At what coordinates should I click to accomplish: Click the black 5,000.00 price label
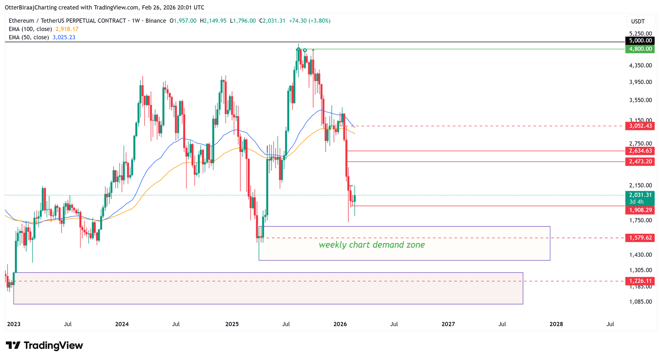[x=640, y=41]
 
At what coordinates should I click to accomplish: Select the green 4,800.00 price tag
[x=640, y=49]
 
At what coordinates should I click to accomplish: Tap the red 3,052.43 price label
[x=640, y=126]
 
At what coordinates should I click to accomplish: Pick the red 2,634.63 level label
[x=640, y=151]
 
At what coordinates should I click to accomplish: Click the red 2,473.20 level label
[x=640, y=161]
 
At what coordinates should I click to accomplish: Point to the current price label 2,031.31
[x=640, y=195]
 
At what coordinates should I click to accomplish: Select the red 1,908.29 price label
[x=640, y=210]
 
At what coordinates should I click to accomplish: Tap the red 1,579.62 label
[x=640, y=238]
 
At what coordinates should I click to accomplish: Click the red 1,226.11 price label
[x=640, y=281]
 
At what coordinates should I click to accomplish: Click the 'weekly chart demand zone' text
[x=372, y=245]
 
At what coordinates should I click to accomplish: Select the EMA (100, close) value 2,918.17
[x=67, y=29]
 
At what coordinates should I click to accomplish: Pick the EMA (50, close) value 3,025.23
[x=64, y=37]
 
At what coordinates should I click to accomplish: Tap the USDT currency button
[x=638, y=22]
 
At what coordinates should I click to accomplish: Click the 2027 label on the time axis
[x=448, y=324]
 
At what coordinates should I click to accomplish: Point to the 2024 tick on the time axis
[x=122, y=324]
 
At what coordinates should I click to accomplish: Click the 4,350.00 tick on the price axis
[x=640, y=65]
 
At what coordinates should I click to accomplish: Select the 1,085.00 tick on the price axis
[x=640, y=302]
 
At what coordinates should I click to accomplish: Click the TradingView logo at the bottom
[x=44, y=346]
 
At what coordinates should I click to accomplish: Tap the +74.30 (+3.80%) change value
[x=309, y=21]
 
